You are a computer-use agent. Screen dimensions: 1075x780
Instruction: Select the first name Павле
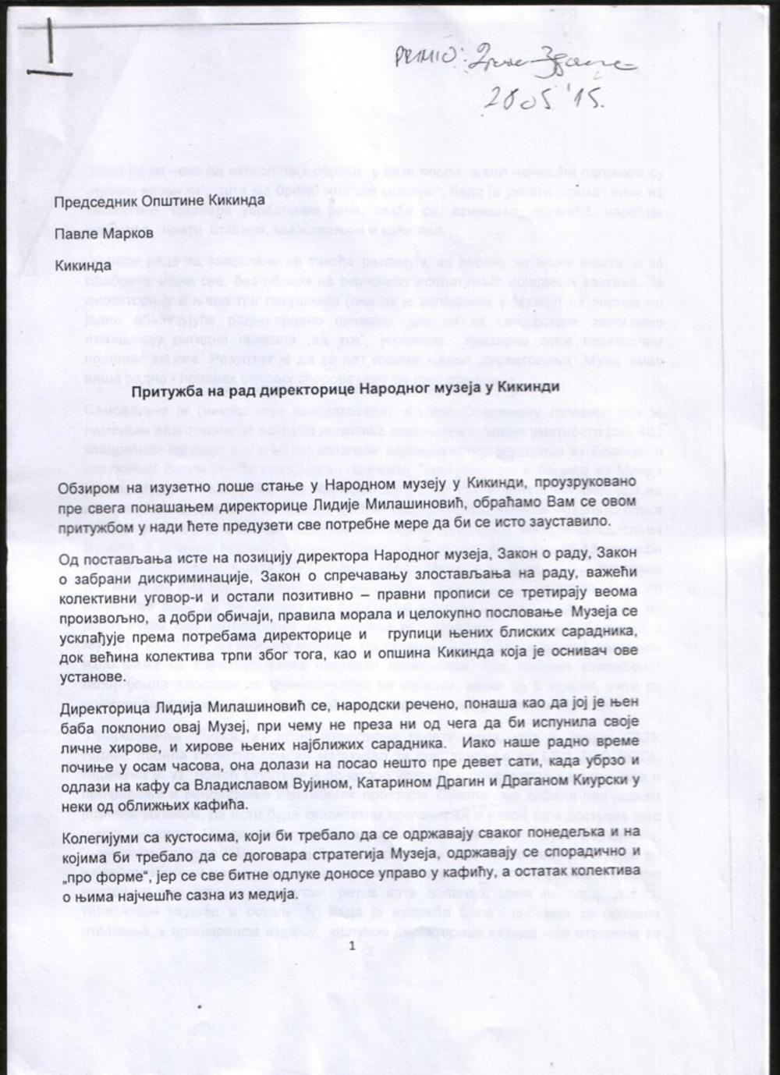[x=76, y=232]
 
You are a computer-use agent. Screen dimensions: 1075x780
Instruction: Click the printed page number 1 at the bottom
[x=353, y=946]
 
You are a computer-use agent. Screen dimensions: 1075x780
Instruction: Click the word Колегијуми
[x=98, y=838]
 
